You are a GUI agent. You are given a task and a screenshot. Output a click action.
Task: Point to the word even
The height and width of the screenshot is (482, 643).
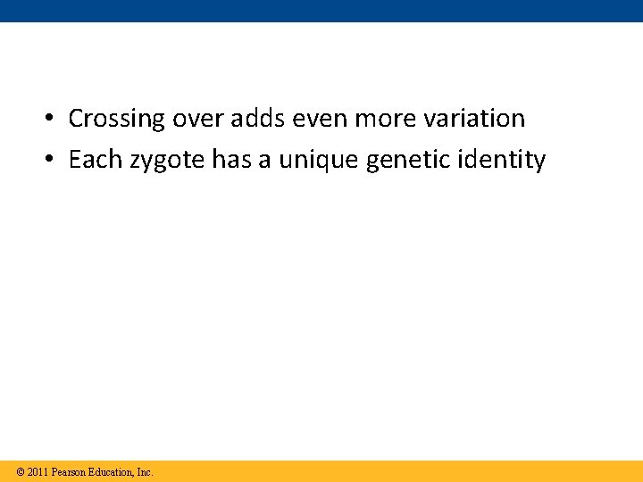click(317, 119)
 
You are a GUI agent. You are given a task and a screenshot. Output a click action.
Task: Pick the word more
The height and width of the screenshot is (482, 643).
click(380, 119)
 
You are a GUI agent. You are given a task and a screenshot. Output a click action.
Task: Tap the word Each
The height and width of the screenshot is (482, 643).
click(94, 161)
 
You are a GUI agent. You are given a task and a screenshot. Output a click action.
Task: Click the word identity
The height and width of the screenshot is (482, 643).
click(501, 161)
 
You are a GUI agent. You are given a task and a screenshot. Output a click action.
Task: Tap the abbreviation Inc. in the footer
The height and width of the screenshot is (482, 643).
click(145, 471)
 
